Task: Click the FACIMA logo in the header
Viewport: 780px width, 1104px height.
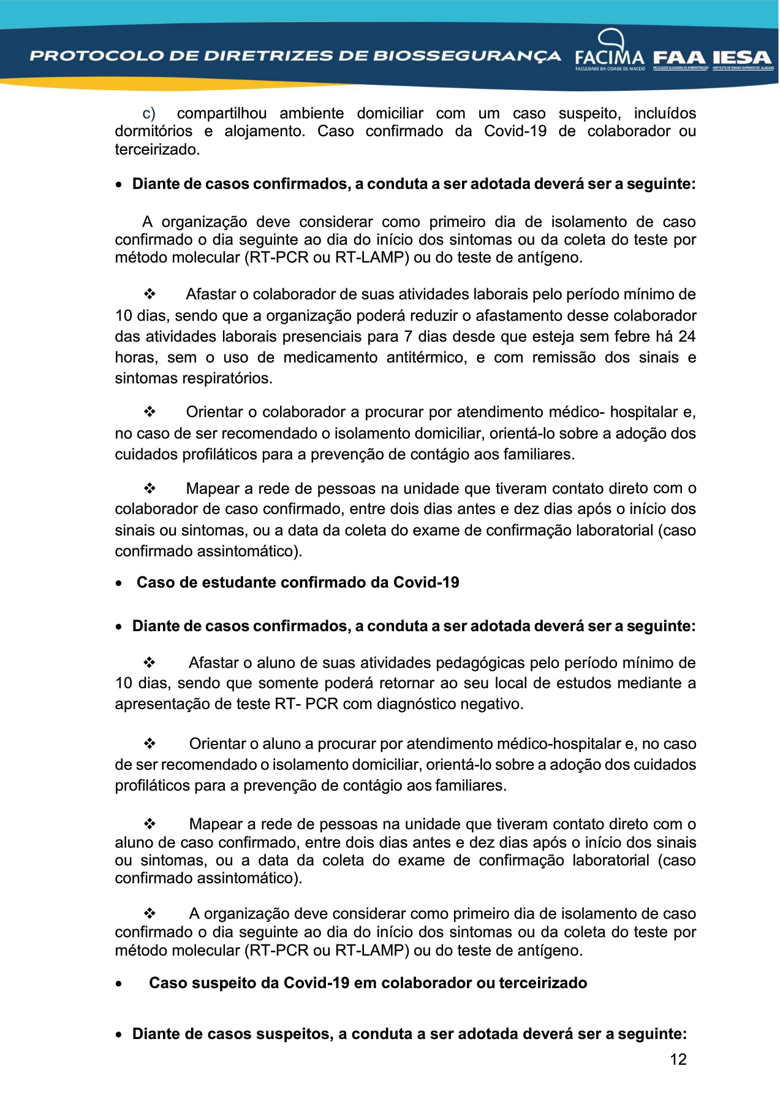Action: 609,52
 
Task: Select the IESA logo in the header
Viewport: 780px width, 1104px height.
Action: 742,58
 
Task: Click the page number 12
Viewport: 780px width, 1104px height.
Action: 678,1059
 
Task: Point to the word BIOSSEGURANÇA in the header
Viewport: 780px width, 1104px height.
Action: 467,56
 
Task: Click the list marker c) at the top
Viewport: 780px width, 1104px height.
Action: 149,113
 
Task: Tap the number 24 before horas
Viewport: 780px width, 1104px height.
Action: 687,337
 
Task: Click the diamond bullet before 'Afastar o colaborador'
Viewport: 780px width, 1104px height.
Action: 150,294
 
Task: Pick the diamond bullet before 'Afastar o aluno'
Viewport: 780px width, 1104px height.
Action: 150,663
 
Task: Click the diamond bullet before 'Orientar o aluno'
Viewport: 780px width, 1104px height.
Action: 150,744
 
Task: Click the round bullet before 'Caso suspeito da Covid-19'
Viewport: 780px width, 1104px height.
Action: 119,984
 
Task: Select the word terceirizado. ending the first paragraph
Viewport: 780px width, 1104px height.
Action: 157,150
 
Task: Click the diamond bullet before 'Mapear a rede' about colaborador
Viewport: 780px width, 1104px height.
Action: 150,489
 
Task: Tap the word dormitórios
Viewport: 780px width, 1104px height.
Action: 153,131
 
